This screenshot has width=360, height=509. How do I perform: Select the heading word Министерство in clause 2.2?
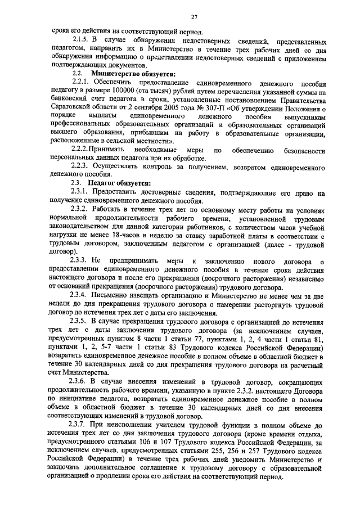pos(115,74)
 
